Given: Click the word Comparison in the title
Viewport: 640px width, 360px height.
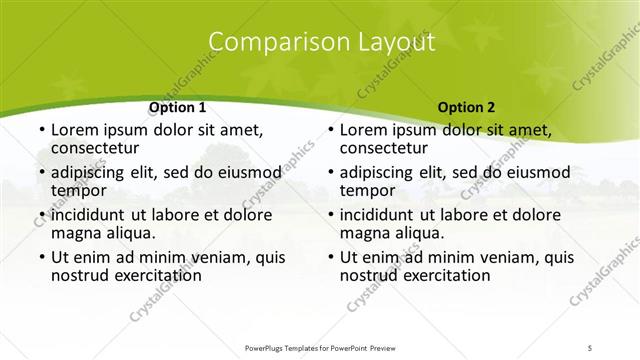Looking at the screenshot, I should [269, 42].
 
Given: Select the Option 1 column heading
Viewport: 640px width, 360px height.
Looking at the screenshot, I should [178, 107].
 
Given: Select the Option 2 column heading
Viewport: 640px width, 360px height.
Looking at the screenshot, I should [466, 107].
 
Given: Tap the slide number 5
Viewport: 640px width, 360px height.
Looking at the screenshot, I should [590, 347].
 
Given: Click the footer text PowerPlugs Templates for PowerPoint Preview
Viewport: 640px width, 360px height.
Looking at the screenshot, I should [320, 347].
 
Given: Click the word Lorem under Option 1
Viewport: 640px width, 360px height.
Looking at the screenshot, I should [77, 130].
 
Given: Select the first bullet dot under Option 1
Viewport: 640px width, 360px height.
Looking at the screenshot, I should [39, 131].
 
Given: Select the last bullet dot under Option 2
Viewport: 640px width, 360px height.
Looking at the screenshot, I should [328, 257].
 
